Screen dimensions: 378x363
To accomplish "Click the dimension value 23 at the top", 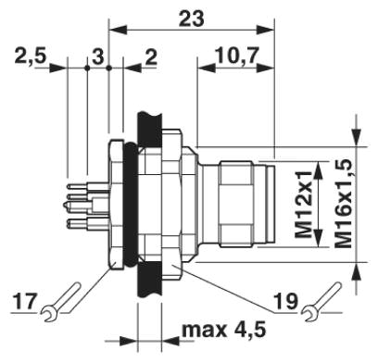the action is (192, 18).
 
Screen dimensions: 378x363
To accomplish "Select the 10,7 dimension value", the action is (236, 56).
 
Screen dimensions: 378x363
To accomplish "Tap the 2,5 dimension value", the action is (31, 56).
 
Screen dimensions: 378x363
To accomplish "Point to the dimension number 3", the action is (98, 56).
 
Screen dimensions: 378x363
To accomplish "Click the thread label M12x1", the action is (303, 204).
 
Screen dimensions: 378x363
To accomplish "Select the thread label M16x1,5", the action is (343, 204).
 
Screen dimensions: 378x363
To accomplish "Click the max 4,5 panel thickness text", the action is (223, 330).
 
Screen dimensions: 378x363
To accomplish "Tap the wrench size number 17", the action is (25, 301).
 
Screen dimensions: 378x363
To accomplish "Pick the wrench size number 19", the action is (286, 301).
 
